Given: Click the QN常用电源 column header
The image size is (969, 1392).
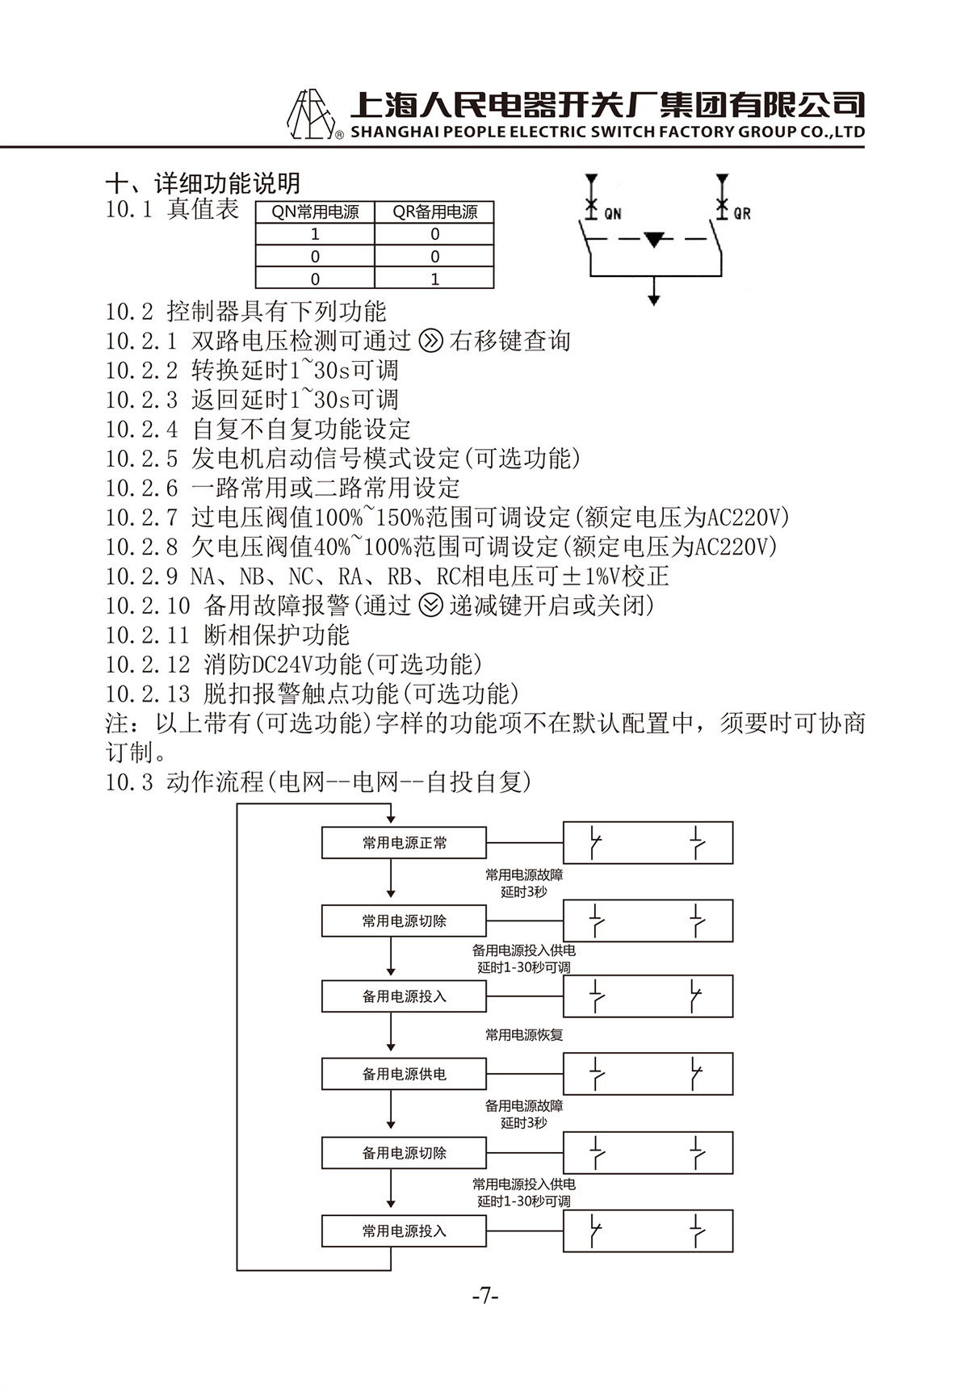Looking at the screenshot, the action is coord(315,212).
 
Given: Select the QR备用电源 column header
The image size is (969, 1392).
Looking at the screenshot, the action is coord(434,212).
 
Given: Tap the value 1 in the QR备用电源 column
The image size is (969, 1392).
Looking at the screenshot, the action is coord(434,279).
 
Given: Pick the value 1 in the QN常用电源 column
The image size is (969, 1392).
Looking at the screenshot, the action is coord(315,234).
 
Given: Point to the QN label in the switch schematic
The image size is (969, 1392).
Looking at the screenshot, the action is coord(613,214).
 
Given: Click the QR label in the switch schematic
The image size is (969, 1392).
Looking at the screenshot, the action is coord(742,214).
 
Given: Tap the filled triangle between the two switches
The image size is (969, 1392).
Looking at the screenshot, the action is coord(654,240).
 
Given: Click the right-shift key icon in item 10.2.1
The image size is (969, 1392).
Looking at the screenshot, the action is coord(432,342).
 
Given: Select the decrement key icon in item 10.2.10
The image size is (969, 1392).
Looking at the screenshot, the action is coord(432,606).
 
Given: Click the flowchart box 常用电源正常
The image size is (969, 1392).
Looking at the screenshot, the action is coord(404,842).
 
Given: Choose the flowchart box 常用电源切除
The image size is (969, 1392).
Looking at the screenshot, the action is coord(404,920).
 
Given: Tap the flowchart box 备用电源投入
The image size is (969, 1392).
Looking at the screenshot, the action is coord(404,996).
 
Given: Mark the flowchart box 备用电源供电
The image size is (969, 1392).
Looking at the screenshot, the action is coord(404,1074).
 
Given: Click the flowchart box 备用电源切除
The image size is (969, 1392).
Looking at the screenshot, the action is coord(404,1153).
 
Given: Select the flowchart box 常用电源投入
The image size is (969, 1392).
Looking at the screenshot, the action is coord(404,1231).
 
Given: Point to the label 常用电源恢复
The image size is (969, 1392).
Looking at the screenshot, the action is coord(524,1034).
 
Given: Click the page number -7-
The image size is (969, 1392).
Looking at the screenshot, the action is coord(485,1297).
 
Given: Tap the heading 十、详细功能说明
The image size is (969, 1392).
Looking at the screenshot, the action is coord(203,183).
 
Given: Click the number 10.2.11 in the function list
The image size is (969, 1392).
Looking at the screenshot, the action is coord(147,635).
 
